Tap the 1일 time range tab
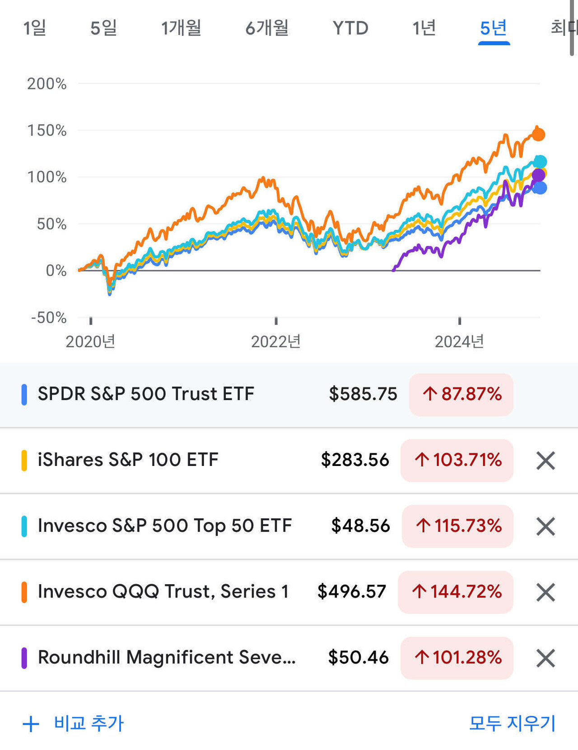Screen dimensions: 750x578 [35, 28]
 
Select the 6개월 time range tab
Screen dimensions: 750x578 [267, 28]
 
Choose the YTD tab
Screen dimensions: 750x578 [350, 28]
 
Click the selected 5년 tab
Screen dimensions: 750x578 [494, 28]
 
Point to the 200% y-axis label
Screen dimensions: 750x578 [47, 84]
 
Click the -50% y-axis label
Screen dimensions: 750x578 [48, 317]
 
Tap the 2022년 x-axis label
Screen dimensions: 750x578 [276, 342]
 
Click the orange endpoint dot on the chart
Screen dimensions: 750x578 [538, 134]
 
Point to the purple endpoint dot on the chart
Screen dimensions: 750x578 [538, 175]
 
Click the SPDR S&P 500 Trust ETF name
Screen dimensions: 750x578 [146, 394]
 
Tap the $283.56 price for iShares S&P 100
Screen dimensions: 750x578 [355, 460]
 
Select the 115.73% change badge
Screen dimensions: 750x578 [458, 526]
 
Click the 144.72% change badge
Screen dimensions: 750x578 [456, 592]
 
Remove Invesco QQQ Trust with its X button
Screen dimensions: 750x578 [545, 592]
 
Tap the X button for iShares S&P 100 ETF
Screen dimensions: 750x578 [545, 461]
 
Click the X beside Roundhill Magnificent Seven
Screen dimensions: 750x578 [545, 658]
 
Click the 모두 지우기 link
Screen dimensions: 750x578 [512, 723]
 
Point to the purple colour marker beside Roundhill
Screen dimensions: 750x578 [24, 658]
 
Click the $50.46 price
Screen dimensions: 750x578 [358, 657]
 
